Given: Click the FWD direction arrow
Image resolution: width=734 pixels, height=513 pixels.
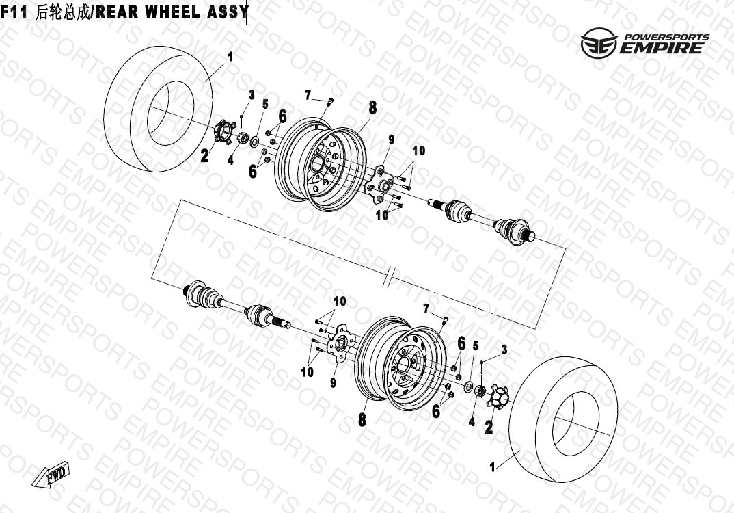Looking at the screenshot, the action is pyautogui.click(x=51, y=477).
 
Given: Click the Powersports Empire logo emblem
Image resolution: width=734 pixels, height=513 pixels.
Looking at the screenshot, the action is pyautogui.click(x=599, y=43).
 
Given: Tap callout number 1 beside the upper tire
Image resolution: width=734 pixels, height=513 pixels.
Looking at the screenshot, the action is pyautogui.click(x=230, y=57).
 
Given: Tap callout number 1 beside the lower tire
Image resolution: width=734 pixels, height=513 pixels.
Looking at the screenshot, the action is pyautogui.click(x=492, y=467).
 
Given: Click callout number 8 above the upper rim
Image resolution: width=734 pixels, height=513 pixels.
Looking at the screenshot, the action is pyautogui.click(x=372, y=108).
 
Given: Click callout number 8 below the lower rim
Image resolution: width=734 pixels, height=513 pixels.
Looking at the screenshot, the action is pyautogui.click(x=362, y=420).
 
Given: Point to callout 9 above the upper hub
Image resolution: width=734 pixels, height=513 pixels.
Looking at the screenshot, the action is pyautogui.click(x=392, y=139).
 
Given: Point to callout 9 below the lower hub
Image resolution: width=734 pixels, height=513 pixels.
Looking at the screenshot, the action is pyautogui.click(x=333, y=383).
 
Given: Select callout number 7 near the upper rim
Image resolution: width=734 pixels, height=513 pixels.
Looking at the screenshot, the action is pyautogui.click(x=308, y=96).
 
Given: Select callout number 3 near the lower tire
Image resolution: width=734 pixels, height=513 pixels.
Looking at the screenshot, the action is pyautogui.click(x=504, y=350).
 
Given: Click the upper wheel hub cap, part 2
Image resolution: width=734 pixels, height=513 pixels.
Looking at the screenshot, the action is pyautogui.click(x=225, y=131).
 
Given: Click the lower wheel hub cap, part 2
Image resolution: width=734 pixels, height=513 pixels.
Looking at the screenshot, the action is pyautogui.click(x=497, y=397).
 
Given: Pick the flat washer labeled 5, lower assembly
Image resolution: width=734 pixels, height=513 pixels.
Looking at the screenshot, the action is pyautogui.click(x=467, y=387).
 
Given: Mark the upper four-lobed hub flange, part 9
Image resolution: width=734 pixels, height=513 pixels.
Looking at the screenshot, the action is pyautogui.click(x=380, y=185).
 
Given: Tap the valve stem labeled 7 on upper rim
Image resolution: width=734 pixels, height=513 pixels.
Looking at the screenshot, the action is pyautogui.click(x=329, y=102).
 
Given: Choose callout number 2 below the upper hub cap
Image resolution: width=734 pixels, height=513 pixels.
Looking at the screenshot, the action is pyautogui.click(x=204, y=155).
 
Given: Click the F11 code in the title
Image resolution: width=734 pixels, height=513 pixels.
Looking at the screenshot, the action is pyautogui.click(x=14, y=12).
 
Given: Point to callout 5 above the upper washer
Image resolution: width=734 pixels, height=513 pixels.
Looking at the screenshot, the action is pyautogui.click(x=265, y=104).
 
